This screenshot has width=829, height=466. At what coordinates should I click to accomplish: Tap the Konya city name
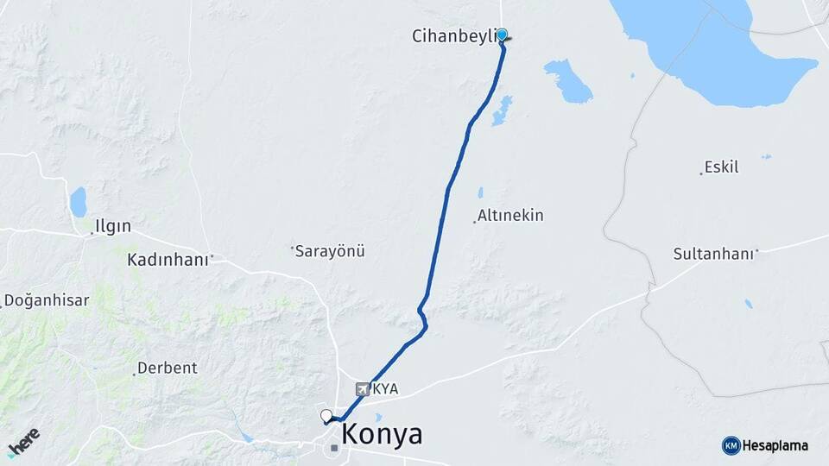pyautogui.click(x=382, y=434)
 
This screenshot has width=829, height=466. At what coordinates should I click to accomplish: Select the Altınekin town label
pyautogui.click(x=511, y=216)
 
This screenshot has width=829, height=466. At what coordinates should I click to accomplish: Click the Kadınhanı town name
pyautogui.click(x=168, y=259)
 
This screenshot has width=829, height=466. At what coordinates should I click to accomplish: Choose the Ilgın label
pyautogui.click(x=113, y=227)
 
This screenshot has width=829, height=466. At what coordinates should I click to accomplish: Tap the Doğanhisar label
pyautogui.click(x=47, y=300)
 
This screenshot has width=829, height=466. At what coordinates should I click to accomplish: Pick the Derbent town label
pyautogui.click(x=168, y=368)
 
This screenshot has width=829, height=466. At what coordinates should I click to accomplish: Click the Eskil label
pyautogui.click(x=721, y=167)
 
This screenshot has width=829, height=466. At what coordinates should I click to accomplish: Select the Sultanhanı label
pyautogui.click(x=714, y=254)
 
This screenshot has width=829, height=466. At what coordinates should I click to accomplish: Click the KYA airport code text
pyautogui.click(x=385, y=389)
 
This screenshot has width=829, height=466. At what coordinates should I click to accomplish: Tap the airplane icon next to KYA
pyautogui.click(x=363, y=389)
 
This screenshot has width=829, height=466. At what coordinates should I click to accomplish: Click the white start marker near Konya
pyautogui.click(x=326, y=416)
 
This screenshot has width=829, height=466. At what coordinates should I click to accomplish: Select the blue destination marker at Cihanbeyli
pyautogui.click(x=502, y=35)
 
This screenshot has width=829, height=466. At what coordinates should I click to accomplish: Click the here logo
pyautogui.click(x=23, y=442)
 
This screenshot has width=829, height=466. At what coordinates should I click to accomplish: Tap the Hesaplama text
pyautogui.click(x=775, y=446)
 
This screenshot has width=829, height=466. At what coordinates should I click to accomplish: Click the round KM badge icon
pyautogui.click(x=731, y=446)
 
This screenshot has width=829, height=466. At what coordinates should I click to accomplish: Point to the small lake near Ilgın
pyautogui.click(x=79, y=203)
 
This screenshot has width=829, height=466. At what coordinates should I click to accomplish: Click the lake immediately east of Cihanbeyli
pyautogui.click(x=568, y=81)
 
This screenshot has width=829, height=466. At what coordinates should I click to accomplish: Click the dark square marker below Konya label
pyautogui.click(x=334, y=447)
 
